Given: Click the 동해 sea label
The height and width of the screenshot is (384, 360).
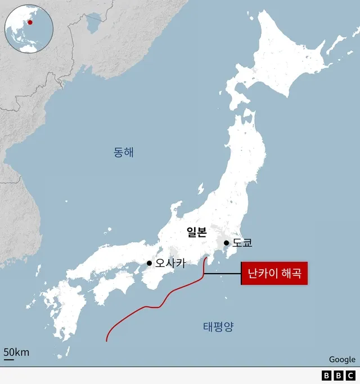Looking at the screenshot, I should [x=124, y=152].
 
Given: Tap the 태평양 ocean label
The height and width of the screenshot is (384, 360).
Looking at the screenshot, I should [x=218, y=326].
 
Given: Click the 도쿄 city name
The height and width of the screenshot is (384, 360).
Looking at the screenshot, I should [x=242, y=243].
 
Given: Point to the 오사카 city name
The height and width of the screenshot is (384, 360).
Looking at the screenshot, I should [x=170, y=263].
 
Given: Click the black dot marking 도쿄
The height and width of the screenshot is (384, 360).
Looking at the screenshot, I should [x=226, y=243].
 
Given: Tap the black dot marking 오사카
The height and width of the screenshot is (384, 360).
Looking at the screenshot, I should [x=149, y=263].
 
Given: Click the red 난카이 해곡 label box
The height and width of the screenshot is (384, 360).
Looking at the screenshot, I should [x=274, y=274].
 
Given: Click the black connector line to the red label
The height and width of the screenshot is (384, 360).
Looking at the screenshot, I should [x=222, y=274].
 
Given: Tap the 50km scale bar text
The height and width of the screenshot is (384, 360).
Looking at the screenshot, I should [x=16, y=352].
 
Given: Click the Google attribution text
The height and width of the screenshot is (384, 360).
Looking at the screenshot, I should [x=342, y=359].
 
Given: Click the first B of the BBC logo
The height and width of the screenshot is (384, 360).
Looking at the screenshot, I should [x=327, y=376].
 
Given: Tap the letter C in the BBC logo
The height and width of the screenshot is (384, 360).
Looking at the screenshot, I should [x=350, y=376].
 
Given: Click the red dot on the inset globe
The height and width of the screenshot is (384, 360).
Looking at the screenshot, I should [x=30, y=23].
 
